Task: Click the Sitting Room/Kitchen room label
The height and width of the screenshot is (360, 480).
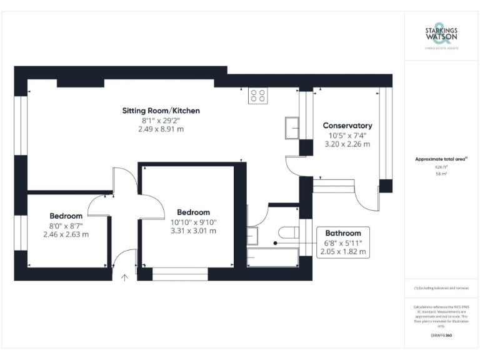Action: pyautogui.click(x=161, y=111)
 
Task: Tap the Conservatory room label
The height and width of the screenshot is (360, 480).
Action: pyautogui.click(x=347, y=126)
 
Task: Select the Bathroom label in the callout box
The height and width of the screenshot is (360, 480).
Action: pyautogui.click(x=343, y=233)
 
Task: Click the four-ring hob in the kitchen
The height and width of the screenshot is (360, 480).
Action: pyautogui.click(x=257, y=96)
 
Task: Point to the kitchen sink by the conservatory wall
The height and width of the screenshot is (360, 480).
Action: pyautogui.click(x=292, y=127)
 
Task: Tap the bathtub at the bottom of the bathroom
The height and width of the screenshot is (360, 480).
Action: pyautogui.click(x=272, y=257)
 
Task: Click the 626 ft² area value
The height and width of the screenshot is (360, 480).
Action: pyautogui.click(x=441, y=167)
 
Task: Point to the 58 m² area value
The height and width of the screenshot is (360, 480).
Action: pyautogui.click(x=441, y=174)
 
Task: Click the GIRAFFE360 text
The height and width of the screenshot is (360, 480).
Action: pyautogui.click(x=441, y=336)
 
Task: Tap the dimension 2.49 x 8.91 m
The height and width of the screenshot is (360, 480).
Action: pyautogui.click(x=161, y=129)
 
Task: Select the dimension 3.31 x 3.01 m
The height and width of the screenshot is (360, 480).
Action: pyautogui.click(x=193, y=231)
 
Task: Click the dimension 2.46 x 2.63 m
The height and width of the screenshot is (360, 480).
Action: pyautogui.click(x=66, y=234)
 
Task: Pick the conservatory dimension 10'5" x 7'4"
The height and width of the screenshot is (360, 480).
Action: pyautogui.click(x=347, y=135)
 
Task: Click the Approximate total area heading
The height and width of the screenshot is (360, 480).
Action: pyautogui.click(x=441, y=159)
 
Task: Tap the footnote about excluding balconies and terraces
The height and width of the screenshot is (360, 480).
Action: pyautogui.click(x=441, y=287)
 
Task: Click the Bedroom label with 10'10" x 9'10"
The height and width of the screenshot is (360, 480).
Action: pyautogui.click(x=193, y=212)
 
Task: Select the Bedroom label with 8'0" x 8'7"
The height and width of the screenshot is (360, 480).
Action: pyautogui.click(x=66, y=216)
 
